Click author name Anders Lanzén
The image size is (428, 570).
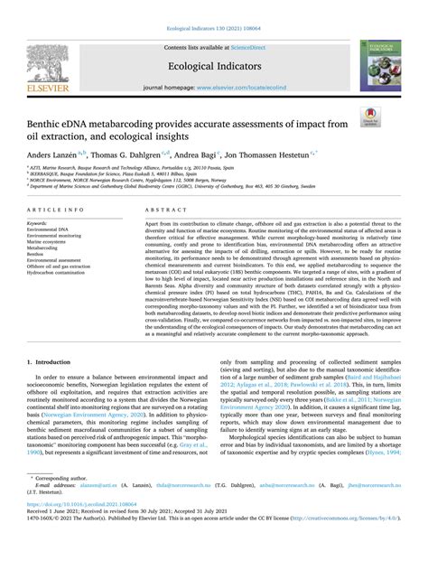[x=70, y=155]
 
